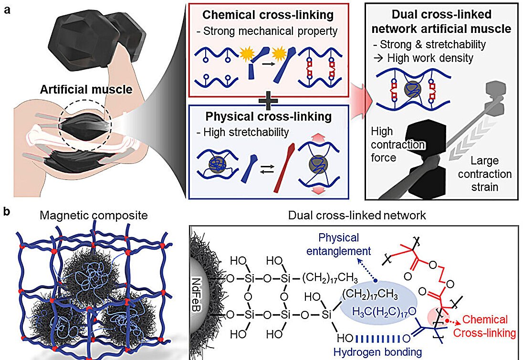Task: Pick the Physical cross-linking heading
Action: (x=268, y=117)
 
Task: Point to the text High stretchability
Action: (x=252, y=131)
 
